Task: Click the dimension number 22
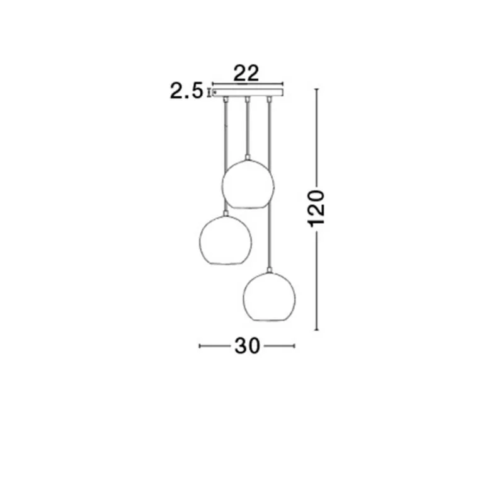247,73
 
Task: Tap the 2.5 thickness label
186,93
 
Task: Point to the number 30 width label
246,346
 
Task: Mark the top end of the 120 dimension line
317,90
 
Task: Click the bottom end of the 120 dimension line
317,329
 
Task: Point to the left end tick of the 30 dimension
199,346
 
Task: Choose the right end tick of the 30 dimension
294,346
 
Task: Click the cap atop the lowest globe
270,271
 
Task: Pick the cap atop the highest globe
248,157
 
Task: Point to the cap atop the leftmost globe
224,214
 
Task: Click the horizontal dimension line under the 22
247,83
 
